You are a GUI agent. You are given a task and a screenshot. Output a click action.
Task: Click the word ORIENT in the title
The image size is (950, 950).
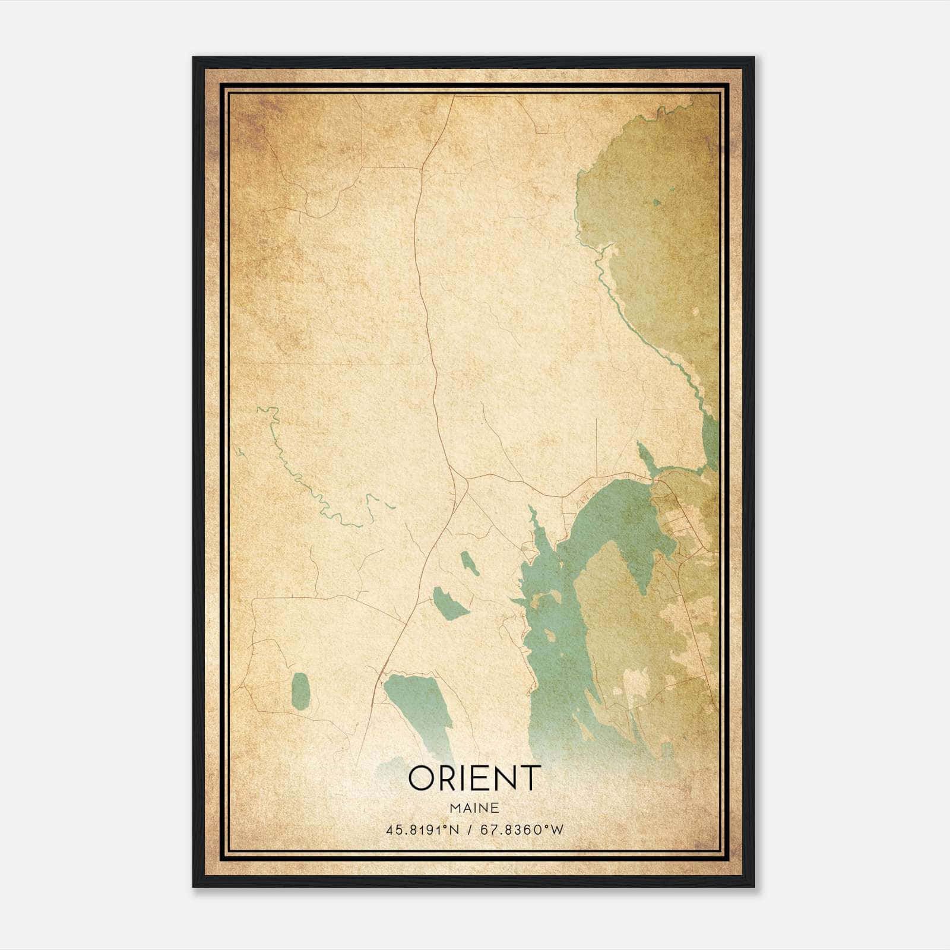click(x=474, y=777)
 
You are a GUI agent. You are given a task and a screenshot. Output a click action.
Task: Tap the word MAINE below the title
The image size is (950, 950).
click(x=474, y=807)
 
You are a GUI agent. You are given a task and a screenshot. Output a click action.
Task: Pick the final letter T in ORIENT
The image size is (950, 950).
click(x=531, y=777)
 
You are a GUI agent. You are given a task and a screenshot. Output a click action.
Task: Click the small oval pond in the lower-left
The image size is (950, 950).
click(x=301, y=691)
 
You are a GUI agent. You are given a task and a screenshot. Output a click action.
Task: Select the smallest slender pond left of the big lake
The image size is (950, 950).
click(x=469, y=562)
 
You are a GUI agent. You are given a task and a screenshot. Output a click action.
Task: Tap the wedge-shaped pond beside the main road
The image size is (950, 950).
click(x=449, y=603)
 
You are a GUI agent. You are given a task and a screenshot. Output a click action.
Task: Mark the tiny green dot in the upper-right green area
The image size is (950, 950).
click(x=656, y=202)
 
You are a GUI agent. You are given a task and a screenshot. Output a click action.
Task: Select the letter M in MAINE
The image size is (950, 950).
click(x=454, y=807)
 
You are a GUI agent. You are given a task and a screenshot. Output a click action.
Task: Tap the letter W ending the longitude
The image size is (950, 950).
click(x=556, y=830)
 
